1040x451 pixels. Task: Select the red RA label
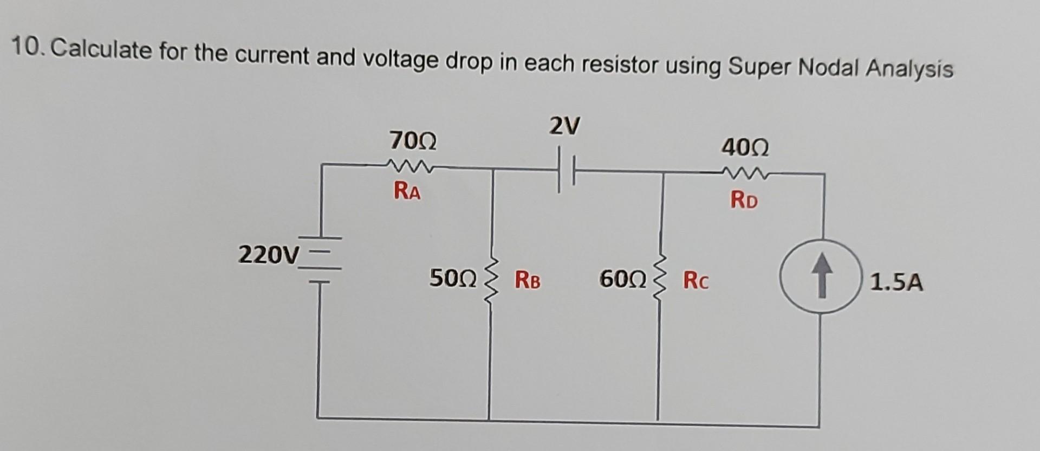coord(407,191)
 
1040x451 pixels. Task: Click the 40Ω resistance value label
coord(745,147)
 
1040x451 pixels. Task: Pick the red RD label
coord(744,201)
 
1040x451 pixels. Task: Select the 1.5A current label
coord(896,283)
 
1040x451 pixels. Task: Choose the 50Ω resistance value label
coord(453,279)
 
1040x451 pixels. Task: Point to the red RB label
coord(528,280)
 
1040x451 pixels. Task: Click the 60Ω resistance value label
coord(623,280)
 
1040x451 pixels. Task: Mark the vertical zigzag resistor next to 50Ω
coord(491,281)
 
